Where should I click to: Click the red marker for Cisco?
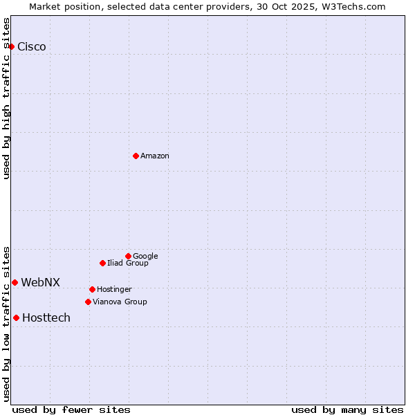tap(12, 46)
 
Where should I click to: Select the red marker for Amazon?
tap(136, 156)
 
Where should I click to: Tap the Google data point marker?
tap(128, 256)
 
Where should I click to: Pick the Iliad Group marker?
tap(102, 263)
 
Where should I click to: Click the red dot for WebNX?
tap(15, 282)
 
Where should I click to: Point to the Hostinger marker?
tap(92, 289)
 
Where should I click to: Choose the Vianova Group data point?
tap(88, 302)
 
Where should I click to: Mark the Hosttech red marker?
tap(16, 317)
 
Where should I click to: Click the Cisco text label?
tap(32, 47)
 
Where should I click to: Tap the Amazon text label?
tap(155, 156)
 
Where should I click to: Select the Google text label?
tap(145, 256)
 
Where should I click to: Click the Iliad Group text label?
tap(128, 263)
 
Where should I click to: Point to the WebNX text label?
tap(40, 282)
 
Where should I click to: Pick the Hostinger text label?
tap(114, 289)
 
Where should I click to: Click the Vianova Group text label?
tap(120, 302)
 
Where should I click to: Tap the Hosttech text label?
tap(46, 318)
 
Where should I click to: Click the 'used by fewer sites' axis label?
tap(71, 409)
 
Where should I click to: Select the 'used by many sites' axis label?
tap(347, 409)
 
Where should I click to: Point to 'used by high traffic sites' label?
tap(6, 98)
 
